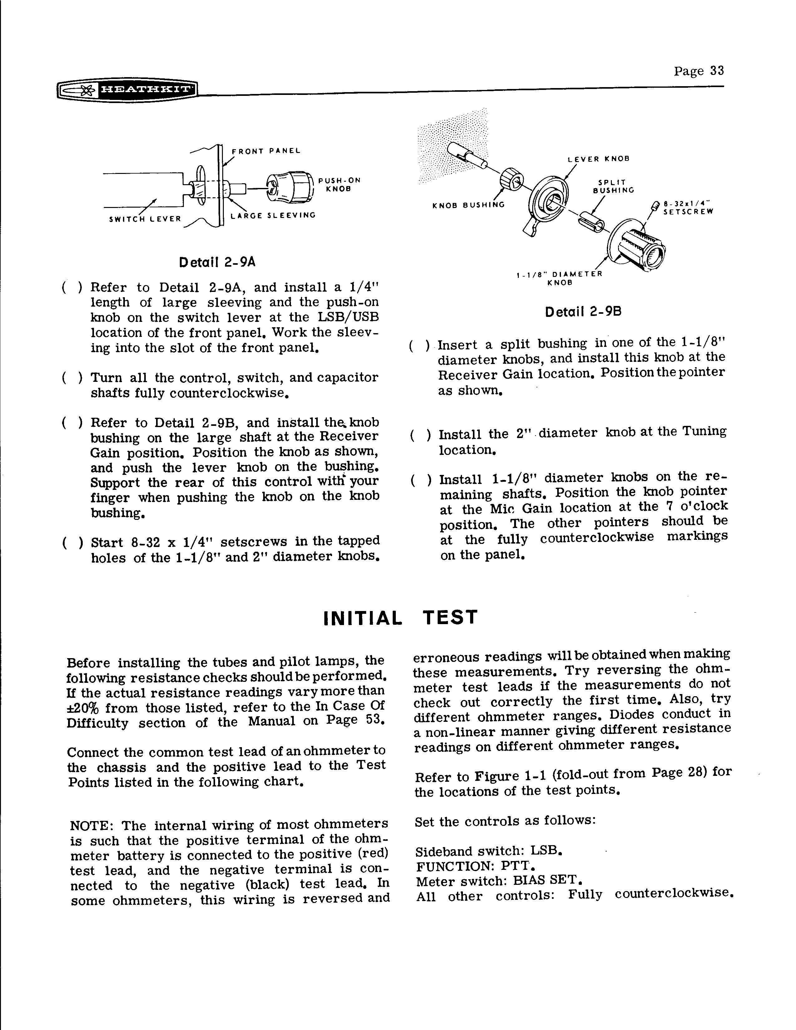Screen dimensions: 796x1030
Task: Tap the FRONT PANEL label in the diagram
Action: coord(266,151)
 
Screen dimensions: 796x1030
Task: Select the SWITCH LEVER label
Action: coord(145,219)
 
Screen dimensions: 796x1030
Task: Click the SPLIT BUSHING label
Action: coord(613,186)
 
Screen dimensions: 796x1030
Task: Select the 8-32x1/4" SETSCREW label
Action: coord(688,208)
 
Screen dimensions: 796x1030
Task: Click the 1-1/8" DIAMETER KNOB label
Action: coord(559,278)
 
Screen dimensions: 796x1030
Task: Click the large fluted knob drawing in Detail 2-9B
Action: coord(636,245)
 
